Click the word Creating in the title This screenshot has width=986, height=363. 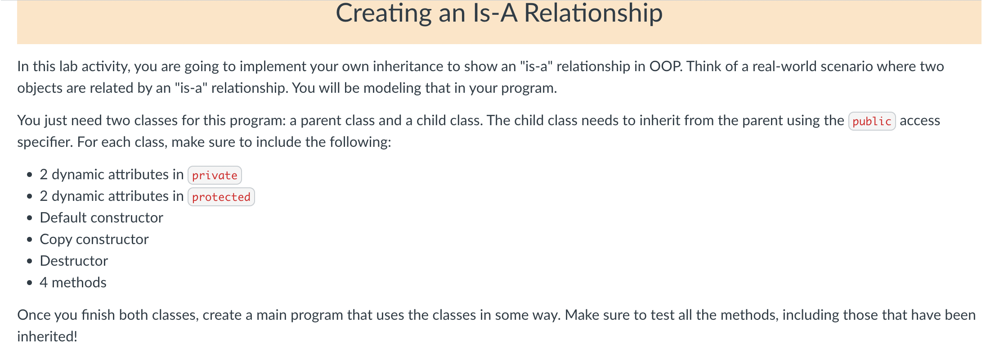[383, 14]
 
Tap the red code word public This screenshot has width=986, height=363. [871, 122]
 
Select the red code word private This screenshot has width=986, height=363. [215, 176]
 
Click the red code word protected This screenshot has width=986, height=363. [221, 197]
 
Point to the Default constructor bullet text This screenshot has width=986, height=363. [101, 218]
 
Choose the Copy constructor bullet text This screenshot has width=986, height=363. [94, 240]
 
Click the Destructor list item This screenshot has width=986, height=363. [74, 261]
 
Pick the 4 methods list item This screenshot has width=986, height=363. [73, 283]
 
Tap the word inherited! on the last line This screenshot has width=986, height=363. [47, 337]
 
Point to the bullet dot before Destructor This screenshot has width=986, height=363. [30, 261]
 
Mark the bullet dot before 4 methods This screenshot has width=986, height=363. [30, 283]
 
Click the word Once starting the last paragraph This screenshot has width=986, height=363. [34, 315]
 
